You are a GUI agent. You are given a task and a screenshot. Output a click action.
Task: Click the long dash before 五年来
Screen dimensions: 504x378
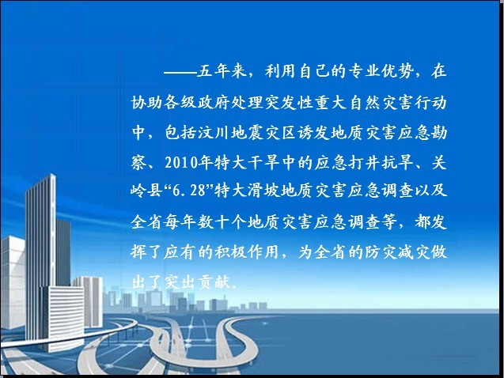[x=180, y=72]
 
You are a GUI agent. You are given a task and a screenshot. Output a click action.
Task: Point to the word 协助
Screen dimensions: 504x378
[x=147, y=103]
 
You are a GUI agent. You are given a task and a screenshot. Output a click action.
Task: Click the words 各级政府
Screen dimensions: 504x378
[x=197, y=103]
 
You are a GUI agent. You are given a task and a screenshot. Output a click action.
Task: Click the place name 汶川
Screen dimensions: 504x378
[x=214, y=133]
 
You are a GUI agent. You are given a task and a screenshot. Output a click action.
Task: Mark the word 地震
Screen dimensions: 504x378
[x=247, y=133]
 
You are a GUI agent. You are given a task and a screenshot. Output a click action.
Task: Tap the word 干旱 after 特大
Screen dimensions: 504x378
[x=263, y=163]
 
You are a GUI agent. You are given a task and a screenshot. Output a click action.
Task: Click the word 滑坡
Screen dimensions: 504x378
[x=263, y=191]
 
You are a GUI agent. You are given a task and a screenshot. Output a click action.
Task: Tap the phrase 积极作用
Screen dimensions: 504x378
[x=247, y=251]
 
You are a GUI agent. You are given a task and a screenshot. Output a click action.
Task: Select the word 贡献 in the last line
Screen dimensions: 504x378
[x=214, y=282]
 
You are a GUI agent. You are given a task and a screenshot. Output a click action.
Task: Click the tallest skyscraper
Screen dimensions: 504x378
[x=41, y=257]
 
